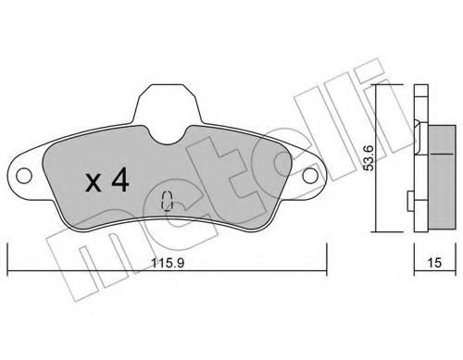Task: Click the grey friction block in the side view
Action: tap(436, 170)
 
